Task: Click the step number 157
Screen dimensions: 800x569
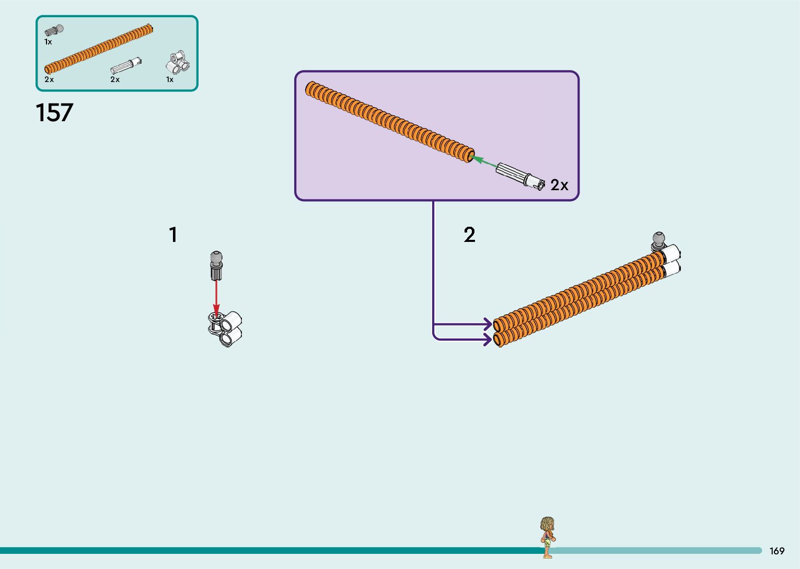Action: coord(54,113)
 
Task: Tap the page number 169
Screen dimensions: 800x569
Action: coord(776,551)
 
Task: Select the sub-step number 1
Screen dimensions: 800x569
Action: coord(173,235)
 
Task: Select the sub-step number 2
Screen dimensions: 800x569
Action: coord(469,235)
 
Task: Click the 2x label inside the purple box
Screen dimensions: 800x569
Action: coord(559,185)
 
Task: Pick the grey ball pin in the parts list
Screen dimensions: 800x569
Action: coord(54,31)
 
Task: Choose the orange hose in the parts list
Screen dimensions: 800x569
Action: coord(99,49)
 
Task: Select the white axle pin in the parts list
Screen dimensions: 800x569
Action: coord(126,66)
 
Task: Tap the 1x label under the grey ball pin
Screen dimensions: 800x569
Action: coord(48,42)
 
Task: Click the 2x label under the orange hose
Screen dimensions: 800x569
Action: coord(49,79)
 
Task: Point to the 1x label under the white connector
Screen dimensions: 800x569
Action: coord(170,79)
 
